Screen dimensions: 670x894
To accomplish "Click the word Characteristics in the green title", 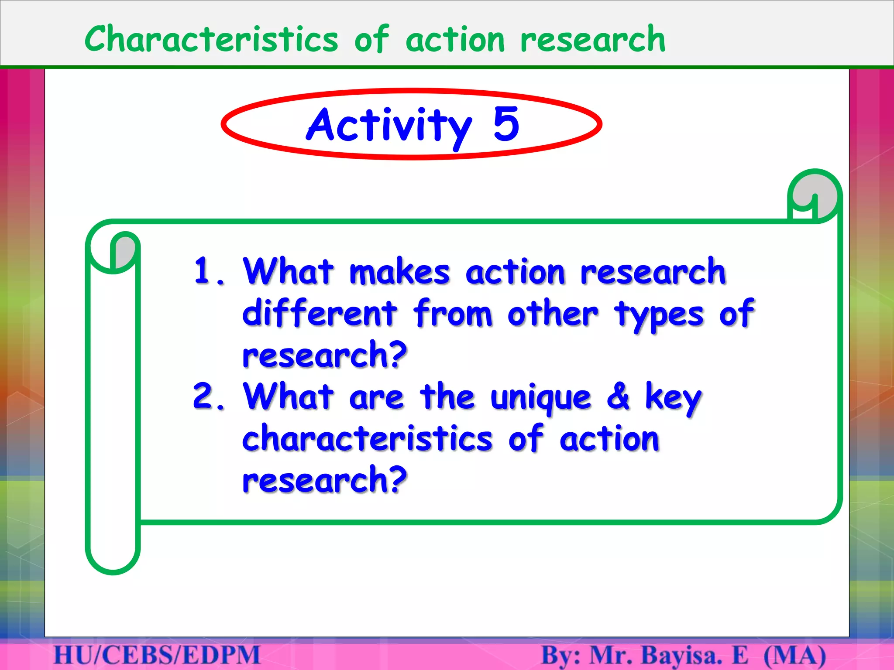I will click(211, 39).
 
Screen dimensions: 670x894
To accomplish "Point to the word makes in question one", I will click(399, 272).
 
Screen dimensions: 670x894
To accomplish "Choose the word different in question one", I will click(320, 313).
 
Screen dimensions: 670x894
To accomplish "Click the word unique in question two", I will click(540, 398).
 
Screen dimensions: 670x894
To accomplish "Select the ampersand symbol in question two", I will click(618, 396).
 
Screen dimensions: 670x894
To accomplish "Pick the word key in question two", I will click(673, 398).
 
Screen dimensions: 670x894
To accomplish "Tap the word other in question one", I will click(553, 313).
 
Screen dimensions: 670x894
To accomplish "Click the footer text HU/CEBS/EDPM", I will click(157, 656).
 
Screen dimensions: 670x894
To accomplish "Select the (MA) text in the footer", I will click(795, 656).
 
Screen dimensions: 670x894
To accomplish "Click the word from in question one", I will click(453, 313).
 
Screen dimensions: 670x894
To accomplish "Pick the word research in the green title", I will click(593, 39).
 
